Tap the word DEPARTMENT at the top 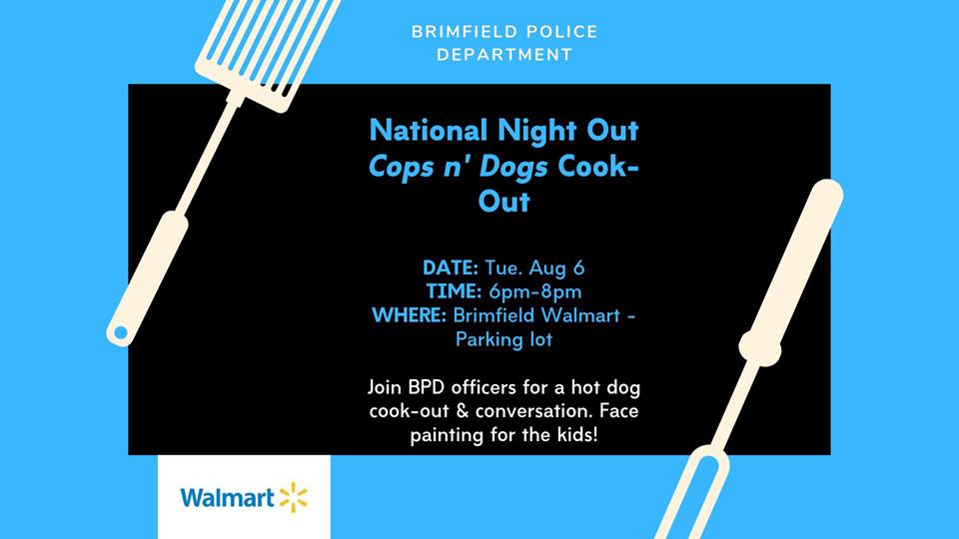(504, 54)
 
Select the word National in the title (429, 131)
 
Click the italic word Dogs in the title (513, 168)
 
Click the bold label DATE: (451, 268)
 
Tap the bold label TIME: (454, 291)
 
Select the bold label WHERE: (410, 315)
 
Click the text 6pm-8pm (535, 292)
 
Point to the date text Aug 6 (556, 269)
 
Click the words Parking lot (503, 339)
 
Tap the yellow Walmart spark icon (294, 497)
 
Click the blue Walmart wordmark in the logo (227, 497)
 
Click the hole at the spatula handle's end (121, 332)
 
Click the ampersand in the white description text (463, 410)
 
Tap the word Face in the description (619, 410)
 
